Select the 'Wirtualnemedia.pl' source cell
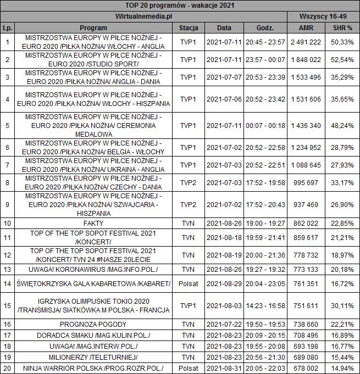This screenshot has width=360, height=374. [x=145, y=16]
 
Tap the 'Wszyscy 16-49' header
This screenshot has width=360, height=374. [x=323, y=16]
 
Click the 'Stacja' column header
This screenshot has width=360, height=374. [x=188, y=27]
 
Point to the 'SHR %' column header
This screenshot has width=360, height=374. [x=342, y=27]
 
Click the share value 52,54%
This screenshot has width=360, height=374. [x=342, y=59]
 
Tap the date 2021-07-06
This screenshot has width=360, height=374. [x=224, y=99]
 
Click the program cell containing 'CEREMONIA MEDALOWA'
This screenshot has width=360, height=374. [x=90, y=125]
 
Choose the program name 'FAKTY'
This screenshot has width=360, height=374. [x=90, y=223]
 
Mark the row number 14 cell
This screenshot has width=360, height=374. [x=7, y=283]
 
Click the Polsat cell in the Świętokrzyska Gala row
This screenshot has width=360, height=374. [x=188, y=283]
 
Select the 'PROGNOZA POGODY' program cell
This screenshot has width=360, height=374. [x=90, y=325]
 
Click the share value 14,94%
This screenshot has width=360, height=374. [x=342, y=368]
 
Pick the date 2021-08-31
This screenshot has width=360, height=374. [x=224, y=368]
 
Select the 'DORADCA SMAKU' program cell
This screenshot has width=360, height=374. [x=90, y=335]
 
